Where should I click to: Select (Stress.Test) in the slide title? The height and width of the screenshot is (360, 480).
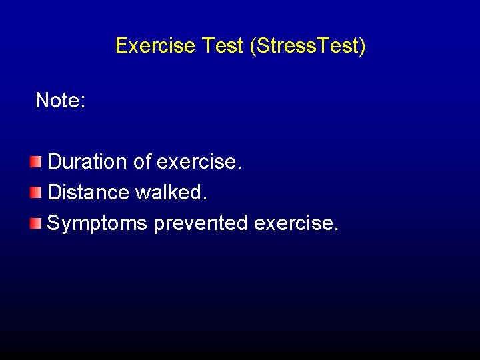click(x=307, y=46)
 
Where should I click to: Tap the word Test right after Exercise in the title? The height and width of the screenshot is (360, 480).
click(x=222, y=46)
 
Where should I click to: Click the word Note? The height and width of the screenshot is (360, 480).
click(x=57, y=101)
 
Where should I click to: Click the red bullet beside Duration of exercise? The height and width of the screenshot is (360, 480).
click(x=35, y=162)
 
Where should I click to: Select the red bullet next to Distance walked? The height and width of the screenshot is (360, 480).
click(x=35, y=193)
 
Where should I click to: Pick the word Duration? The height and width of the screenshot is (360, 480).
click(x=87, y=162)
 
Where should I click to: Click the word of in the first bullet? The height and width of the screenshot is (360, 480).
click(x=141, y=162)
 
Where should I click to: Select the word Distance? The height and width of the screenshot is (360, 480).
click(x=89, y=193)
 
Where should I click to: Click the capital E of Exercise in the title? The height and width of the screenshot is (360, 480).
click(x=121, y=46)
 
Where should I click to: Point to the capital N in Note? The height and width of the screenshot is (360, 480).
click(x=42, y=101)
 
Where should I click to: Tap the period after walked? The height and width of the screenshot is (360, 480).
click(x=205, y=199)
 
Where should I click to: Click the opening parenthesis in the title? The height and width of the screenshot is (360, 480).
click(x=253, y=46)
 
